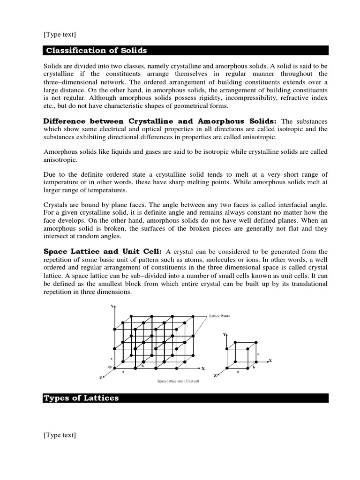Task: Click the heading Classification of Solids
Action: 96,51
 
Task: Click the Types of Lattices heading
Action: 81,398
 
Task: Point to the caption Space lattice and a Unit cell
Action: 178,381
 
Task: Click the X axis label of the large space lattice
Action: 203,368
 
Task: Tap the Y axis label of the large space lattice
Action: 112,306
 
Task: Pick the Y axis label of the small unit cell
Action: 225,335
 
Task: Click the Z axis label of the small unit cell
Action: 215,376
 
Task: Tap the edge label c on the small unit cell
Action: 258,353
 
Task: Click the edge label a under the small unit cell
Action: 238,371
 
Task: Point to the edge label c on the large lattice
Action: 111,359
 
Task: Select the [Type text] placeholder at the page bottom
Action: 60,435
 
